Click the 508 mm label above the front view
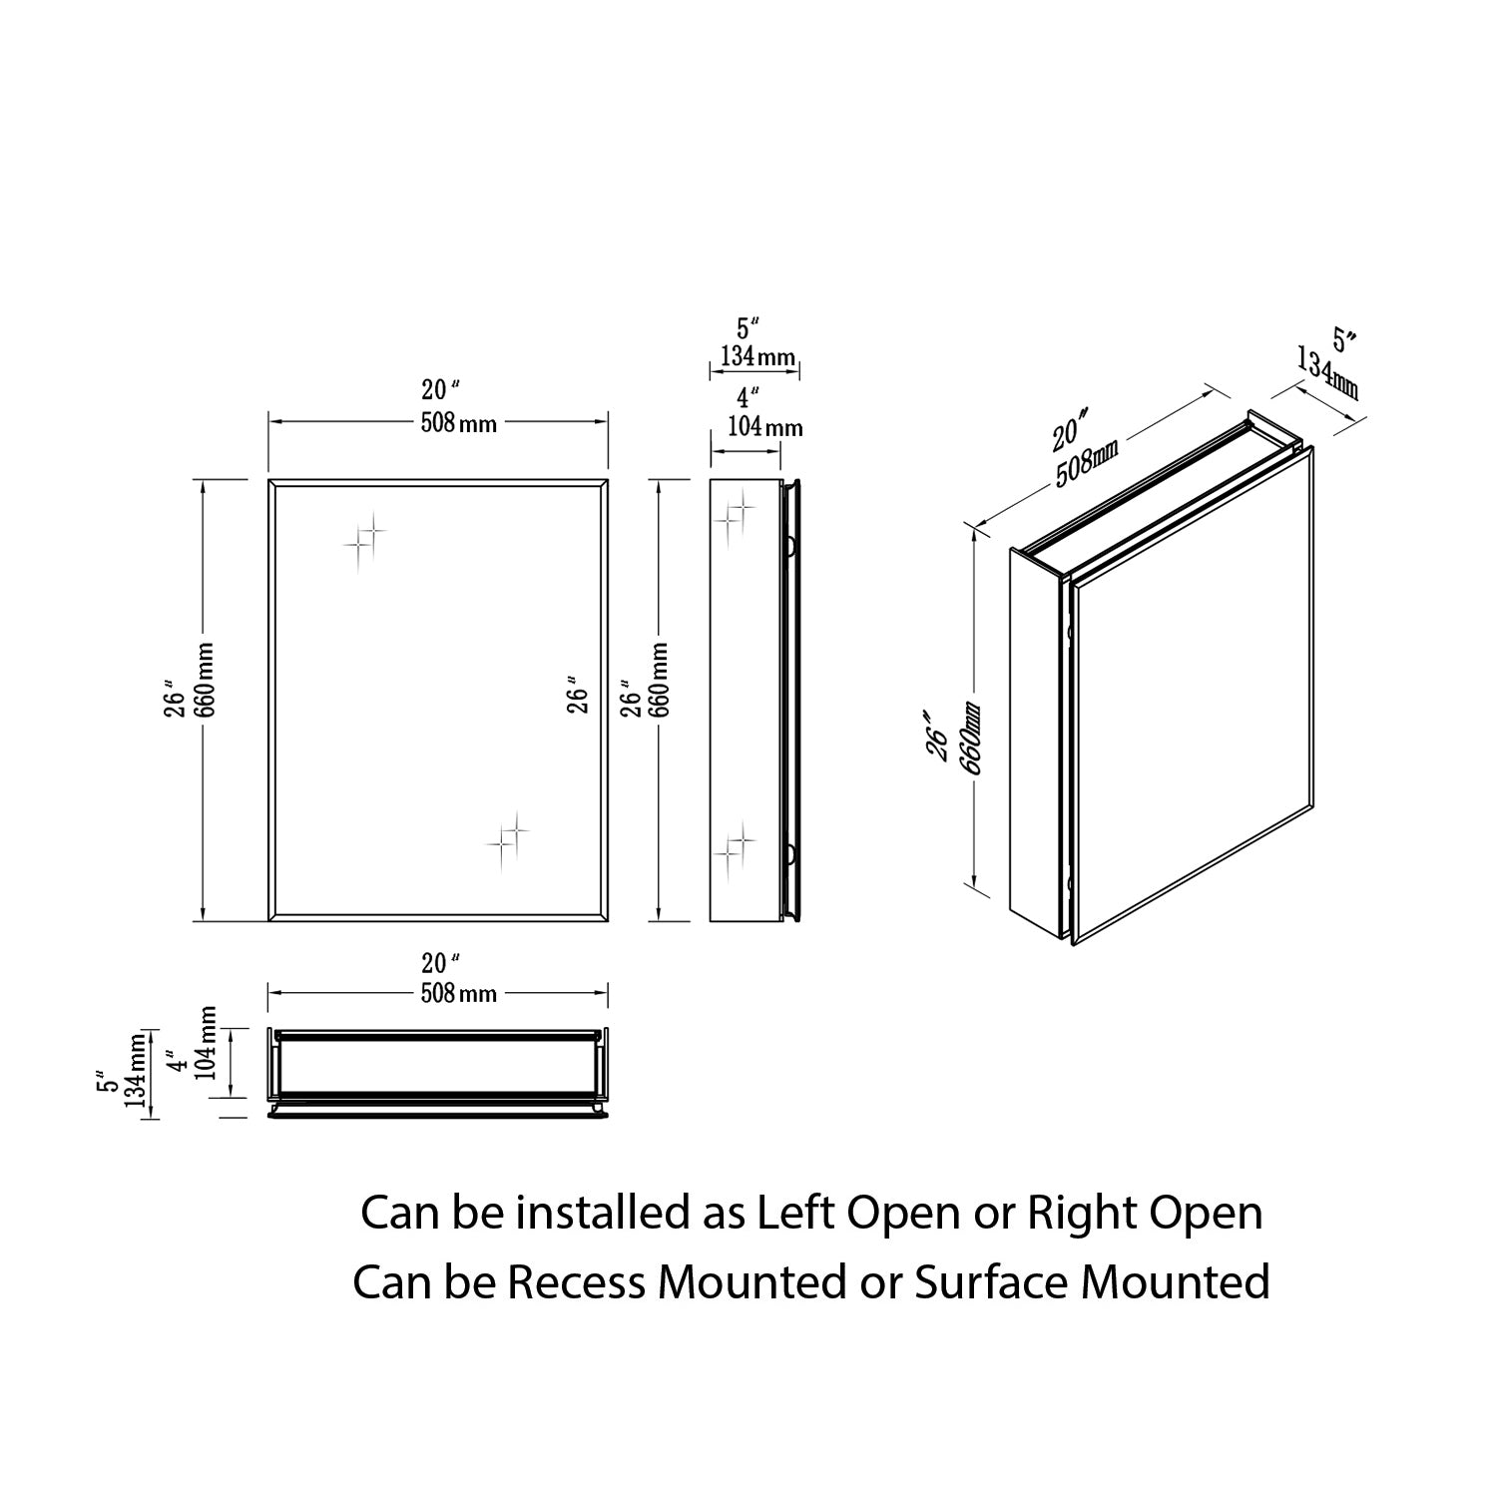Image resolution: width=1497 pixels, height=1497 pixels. click(458, 423)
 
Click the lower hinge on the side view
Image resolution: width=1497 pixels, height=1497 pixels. click(789, 853)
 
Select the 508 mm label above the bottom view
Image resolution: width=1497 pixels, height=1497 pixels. click(458, 993)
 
